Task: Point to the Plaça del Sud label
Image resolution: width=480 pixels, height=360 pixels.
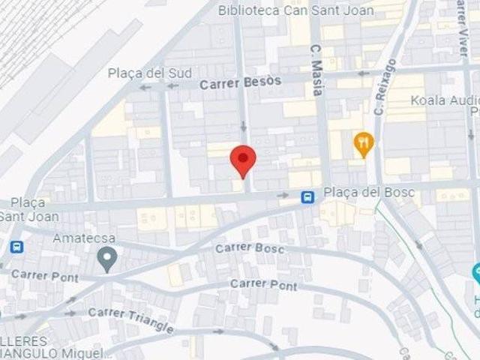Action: pos(150,73)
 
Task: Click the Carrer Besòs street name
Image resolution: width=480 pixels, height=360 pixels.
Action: pos(240,82)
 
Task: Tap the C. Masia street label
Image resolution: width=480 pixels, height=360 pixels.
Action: pos(316,70)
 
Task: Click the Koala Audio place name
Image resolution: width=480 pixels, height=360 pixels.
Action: pos(445,100)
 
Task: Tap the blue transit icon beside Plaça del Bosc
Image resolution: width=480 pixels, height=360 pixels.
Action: pos(307,197)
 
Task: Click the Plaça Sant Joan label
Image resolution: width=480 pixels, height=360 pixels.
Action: pos(23,209)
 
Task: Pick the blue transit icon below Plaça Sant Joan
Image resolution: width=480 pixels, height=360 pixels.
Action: pos(16,246)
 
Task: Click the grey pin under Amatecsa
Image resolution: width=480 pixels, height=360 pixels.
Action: pos(107,259)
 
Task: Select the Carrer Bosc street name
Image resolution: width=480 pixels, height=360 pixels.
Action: pos(250,247)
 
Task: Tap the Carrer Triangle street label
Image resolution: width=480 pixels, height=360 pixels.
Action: pos(130,320)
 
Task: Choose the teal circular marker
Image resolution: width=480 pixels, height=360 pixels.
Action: pos(475,274)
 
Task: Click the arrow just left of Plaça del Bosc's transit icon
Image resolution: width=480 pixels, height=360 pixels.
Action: pos(283,195)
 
